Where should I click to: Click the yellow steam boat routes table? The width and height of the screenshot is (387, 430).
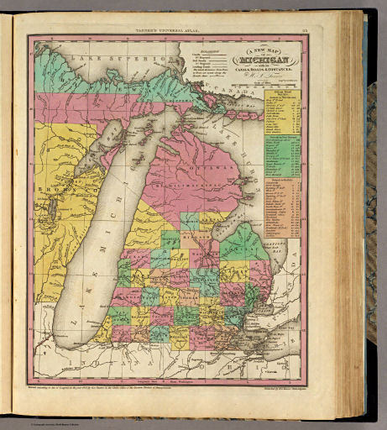point(282,110)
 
